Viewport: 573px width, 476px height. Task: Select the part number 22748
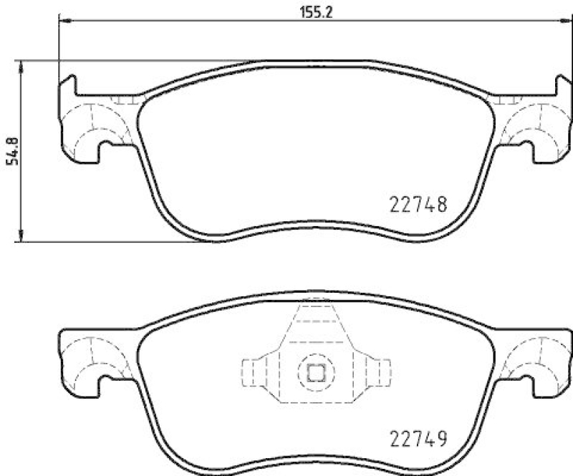[419, 205]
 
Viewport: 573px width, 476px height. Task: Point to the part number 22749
[419, 437]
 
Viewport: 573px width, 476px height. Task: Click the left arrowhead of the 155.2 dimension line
[64, 23]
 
